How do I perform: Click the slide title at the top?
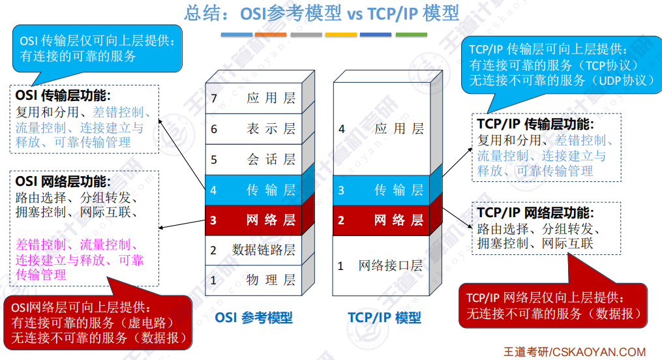click(x=322, y=13)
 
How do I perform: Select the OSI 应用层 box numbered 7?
click(x=254, y=98)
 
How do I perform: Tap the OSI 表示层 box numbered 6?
click(x=254, y=129)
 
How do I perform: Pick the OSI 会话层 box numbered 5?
click(x=254, y=159)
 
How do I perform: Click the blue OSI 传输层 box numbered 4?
click(x=254, y=190)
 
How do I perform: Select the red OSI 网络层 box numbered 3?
click(x=254, y=220)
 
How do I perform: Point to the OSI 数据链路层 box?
click(x=254, y=250)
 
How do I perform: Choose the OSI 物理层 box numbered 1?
click(x=254, y=280)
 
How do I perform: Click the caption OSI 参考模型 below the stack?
click(x=254, y=318)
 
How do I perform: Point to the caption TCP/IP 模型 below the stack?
click(x=384, y=318)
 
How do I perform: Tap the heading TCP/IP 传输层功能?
click(x=535, y=124)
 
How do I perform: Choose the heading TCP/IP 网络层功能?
click(x=535, y=213)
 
